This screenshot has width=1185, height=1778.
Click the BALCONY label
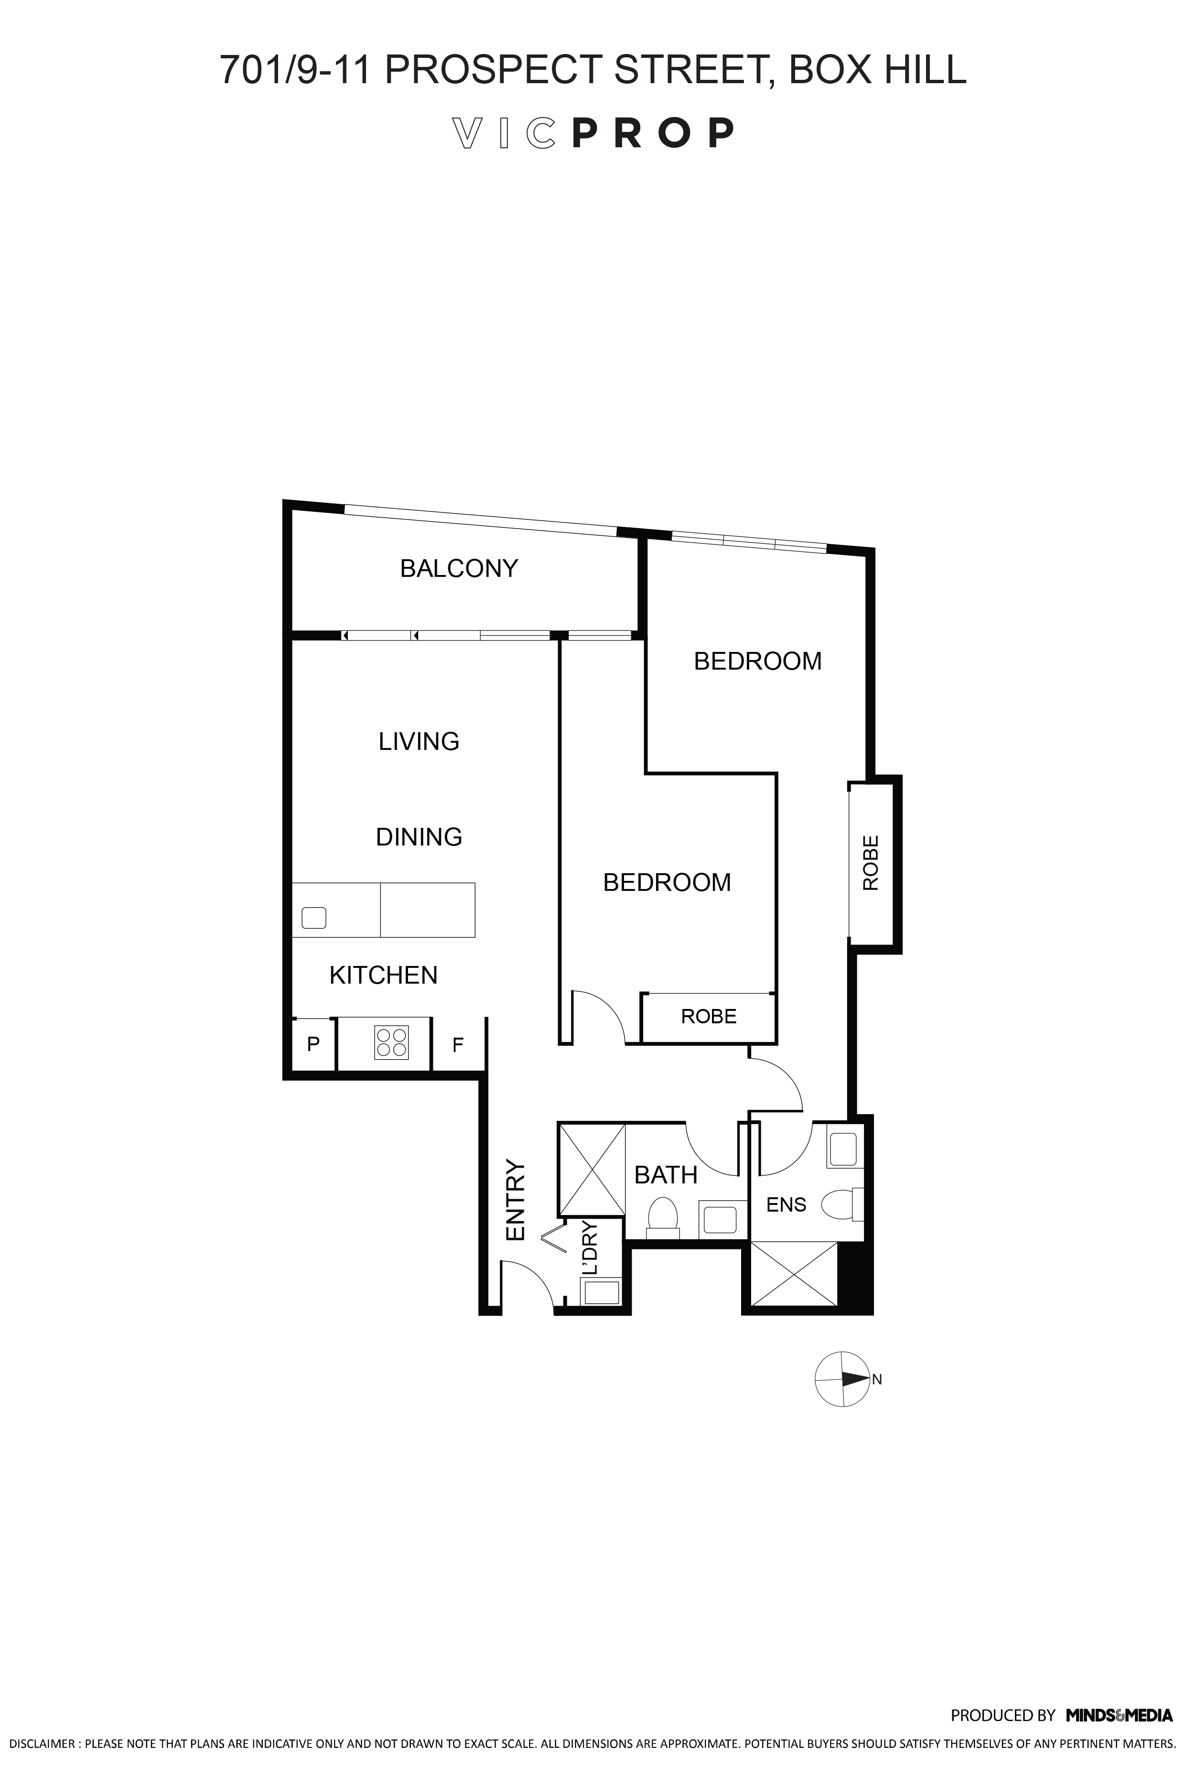pyautogui.click(x=459, y=568)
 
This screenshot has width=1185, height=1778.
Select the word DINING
pyautogui.click(x=419, y=837)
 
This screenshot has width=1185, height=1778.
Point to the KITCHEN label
pyautogui.click(x=383, y=975)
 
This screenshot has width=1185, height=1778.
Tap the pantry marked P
pyautogui.click(x=313, y=1044)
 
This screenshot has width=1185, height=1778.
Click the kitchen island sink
pyautogui.click(x=313, y=918)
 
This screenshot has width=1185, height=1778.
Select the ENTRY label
pyautogui.click(x=516, y=1201)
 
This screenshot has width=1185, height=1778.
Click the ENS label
pyautogui.click(x=786, y=1205)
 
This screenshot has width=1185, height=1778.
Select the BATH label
pyautogui.click(x=666, y=1175)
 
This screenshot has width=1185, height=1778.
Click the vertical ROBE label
pyautogui.click(x=871, y=863)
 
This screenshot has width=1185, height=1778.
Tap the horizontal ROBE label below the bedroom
pyautogui.click(x=709, y=1016)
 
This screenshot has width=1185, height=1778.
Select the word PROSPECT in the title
pyautogui.click(x=494, y=70)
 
